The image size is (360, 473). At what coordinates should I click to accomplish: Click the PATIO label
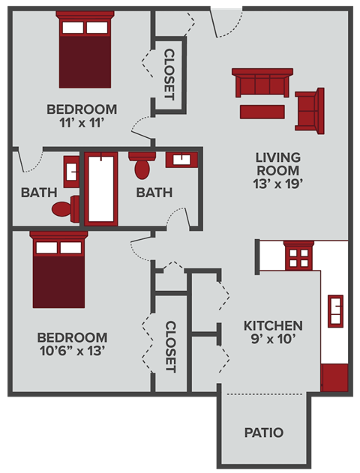pos(264,433)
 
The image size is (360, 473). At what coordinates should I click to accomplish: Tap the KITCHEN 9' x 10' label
pos(273,332)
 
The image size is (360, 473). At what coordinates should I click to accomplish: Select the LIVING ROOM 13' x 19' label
pos(277,169)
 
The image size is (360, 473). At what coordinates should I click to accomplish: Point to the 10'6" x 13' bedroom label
pos(72,343)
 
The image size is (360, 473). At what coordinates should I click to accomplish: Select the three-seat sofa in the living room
pos(262,83)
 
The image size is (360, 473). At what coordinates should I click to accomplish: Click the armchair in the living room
pos(310,110)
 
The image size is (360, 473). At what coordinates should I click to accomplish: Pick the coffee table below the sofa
pos(262,112)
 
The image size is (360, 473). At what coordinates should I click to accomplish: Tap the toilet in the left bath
pos(67,208)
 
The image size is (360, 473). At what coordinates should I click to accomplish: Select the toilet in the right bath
pos(142,165)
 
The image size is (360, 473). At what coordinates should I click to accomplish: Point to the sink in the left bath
pos(70,171)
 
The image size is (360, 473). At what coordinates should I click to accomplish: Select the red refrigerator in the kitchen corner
pos(334,378)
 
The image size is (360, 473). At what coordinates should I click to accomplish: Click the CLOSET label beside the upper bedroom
pos(169,74)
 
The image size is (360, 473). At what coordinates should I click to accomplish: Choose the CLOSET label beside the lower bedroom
pos(170,347)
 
